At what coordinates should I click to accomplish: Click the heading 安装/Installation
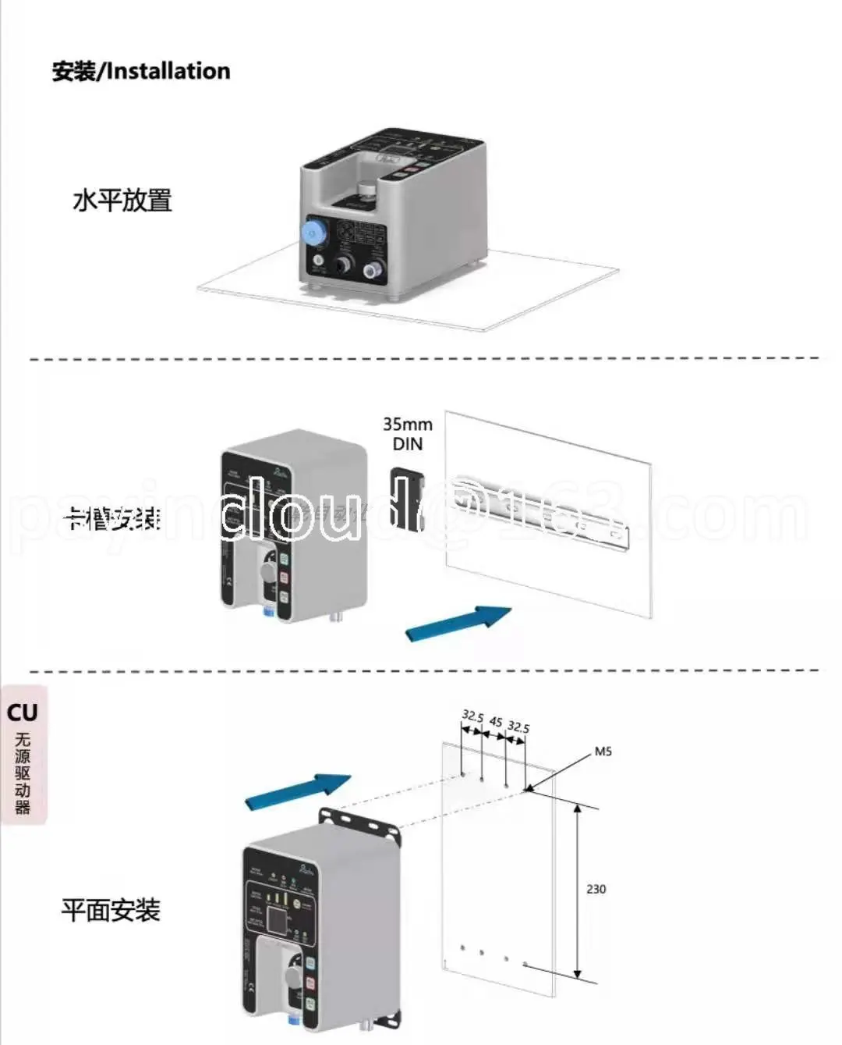[x=141, y=71]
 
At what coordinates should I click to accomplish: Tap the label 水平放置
[x=122, y=201]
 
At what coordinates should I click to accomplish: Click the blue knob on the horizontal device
[x=313, y=232]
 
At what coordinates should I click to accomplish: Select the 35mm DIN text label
[x=408, y=434]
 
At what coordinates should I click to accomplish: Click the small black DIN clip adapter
[x=405, y=496]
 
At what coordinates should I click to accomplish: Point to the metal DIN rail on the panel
[x=538, y=507]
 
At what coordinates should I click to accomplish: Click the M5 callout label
[x=603, y=752]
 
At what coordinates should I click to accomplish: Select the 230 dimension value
[x=596, y=889]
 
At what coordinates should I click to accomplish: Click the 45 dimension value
[x=496, y=722]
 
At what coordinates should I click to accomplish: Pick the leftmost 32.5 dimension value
[x=472, y=716]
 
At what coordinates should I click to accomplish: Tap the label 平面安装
[x=111, y=910]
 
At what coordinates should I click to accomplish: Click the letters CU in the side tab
[x=23, y=713]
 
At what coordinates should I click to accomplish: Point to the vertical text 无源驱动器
[x=23, y=773]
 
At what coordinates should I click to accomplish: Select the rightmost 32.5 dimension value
[x=518, y=727]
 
